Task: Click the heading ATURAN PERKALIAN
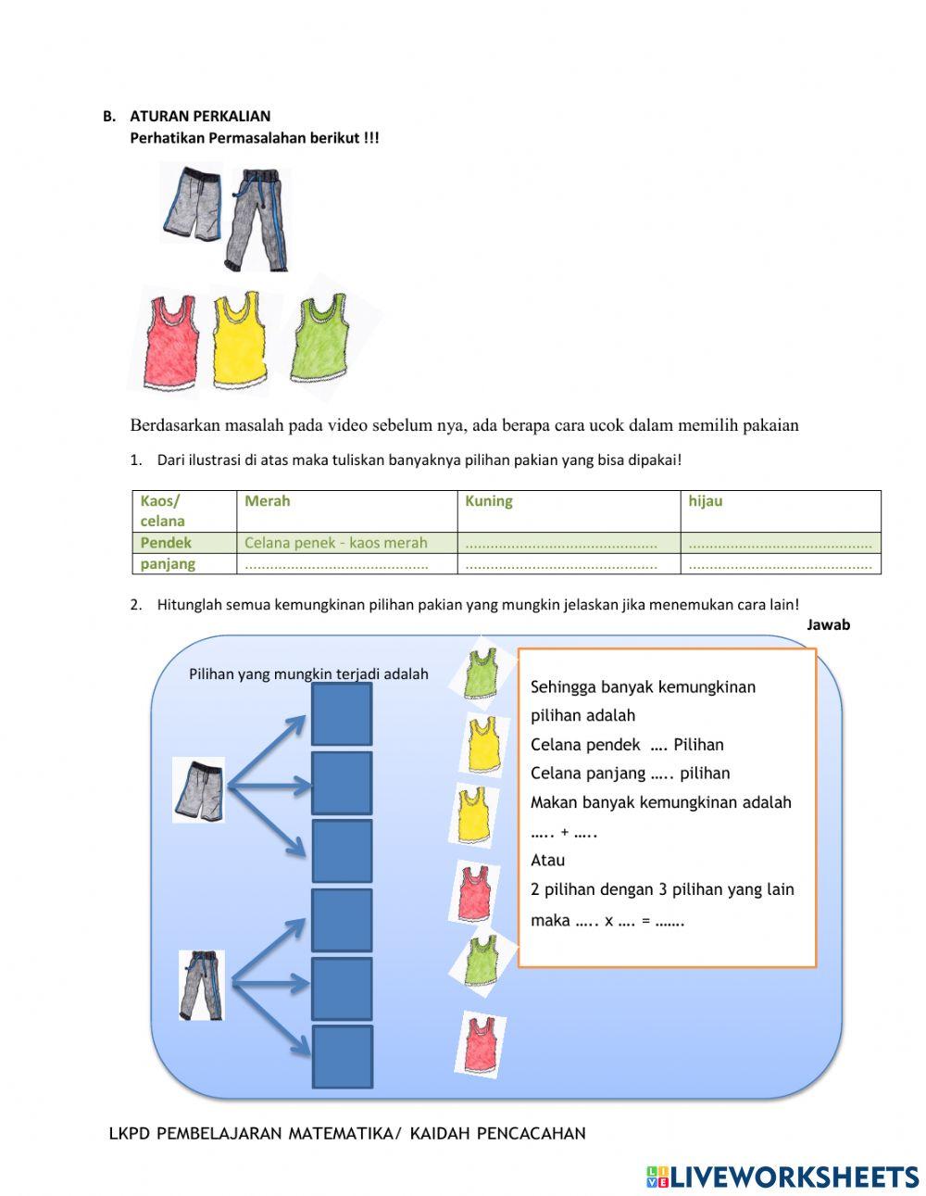pos(200,116)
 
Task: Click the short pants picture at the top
pos(193,204)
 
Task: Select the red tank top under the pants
pos(172,341)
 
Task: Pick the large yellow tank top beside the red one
pos(241,339)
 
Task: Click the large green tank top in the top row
pos(320,337)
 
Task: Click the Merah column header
pos(268,501)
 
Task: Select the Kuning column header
pos(489,501)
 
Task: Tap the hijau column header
pos(706,501)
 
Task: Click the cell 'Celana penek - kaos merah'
pos(336,543)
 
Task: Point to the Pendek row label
pos(166,543)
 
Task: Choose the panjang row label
pos(168,563)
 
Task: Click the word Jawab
pos(828,624)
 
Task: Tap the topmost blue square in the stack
pos(341,714)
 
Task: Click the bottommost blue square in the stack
pos(342,1057)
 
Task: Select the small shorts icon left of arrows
pos(199,790)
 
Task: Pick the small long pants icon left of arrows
pos(202,985)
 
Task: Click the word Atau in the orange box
pos(548,860)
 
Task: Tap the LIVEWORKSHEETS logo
pos(782,1177)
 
